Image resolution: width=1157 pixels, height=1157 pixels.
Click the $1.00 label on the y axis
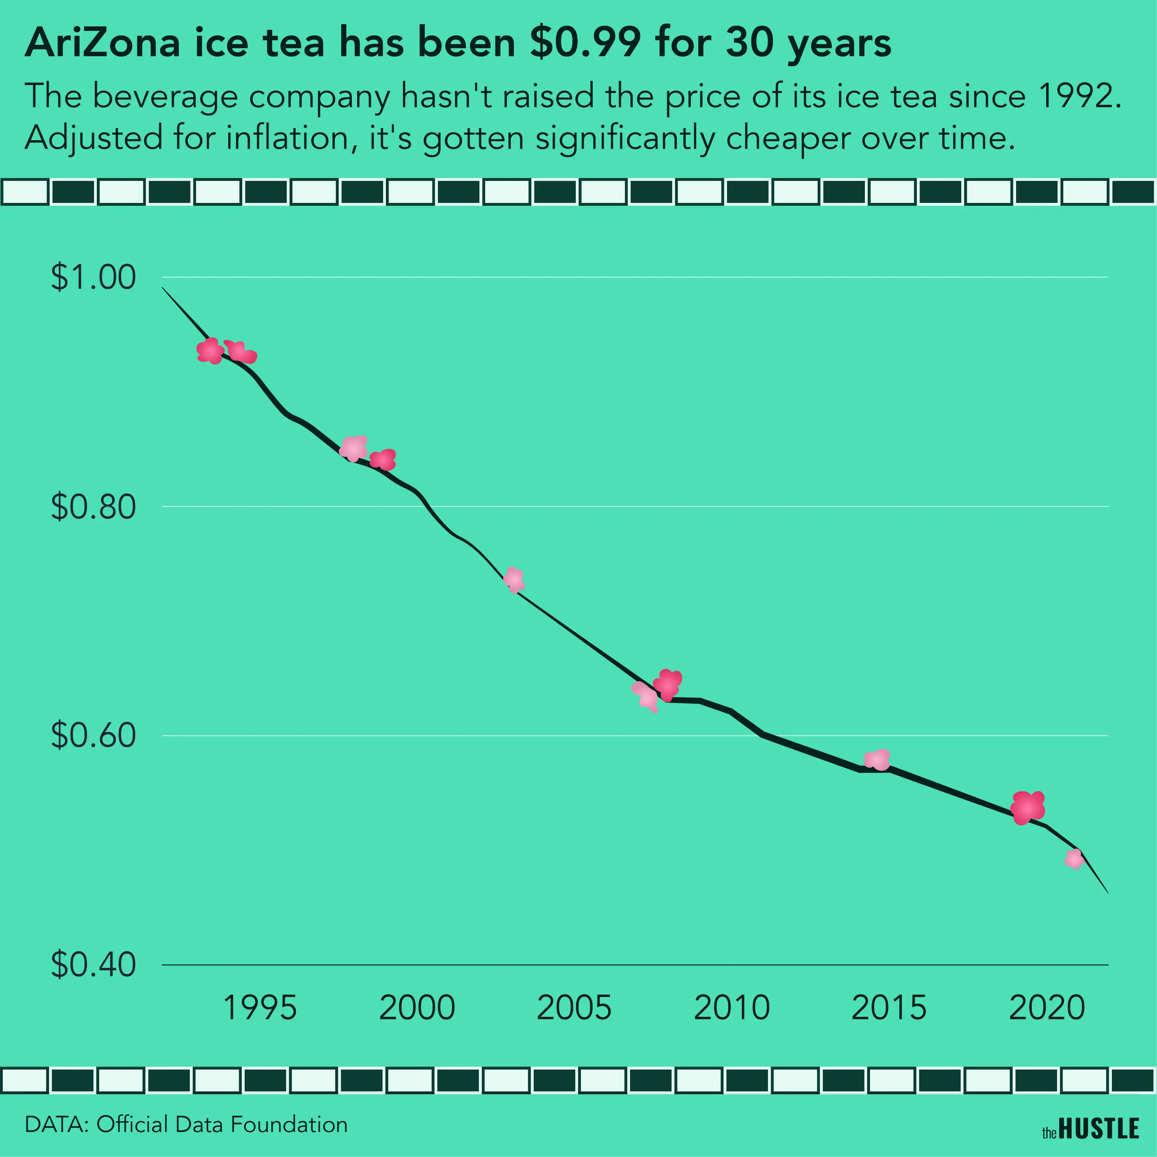[93, 277]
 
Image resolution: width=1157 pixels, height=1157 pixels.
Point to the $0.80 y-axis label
[93, 507]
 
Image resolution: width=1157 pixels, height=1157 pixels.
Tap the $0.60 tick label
[93, 735]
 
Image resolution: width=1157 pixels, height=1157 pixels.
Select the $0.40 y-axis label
[93, 964]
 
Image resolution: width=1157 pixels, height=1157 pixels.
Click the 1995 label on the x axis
[259, 1007]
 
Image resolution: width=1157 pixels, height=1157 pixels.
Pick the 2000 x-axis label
[417, 1007]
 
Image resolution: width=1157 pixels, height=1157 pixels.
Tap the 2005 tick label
[574, 1007]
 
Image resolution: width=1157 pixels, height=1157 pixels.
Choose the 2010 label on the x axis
[731, 1007]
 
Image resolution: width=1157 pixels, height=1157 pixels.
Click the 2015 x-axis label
[889, 1007]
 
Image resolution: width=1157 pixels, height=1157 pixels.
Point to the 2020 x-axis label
[1047, 1007]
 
